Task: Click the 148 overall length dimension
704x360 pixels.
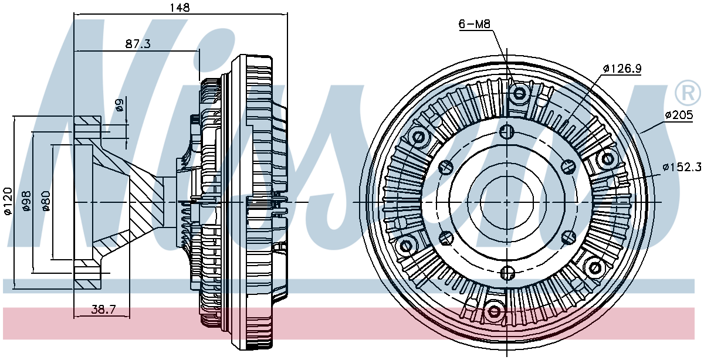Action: click(x=180, y=7)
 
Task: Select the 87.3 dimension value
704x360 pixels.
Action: click(x=138, y=43)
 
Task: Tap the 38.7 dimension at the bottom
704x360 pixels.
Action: click(x=104, y=310)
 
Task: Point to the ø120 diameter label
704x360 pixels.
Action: click(x=8, y=201)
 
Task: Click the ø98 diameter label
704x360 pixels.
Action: click(x=26, y=201)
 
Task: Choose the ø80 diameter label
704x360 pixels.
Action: click(x=46, y=201)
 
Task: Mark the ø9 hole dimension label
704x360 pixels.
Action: click(x=120, y=105)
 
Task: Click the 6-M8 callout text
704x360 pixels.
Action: click(x=474, y=24)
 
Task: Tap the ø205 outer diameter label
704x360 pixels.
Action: click(x=679, y=115)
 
